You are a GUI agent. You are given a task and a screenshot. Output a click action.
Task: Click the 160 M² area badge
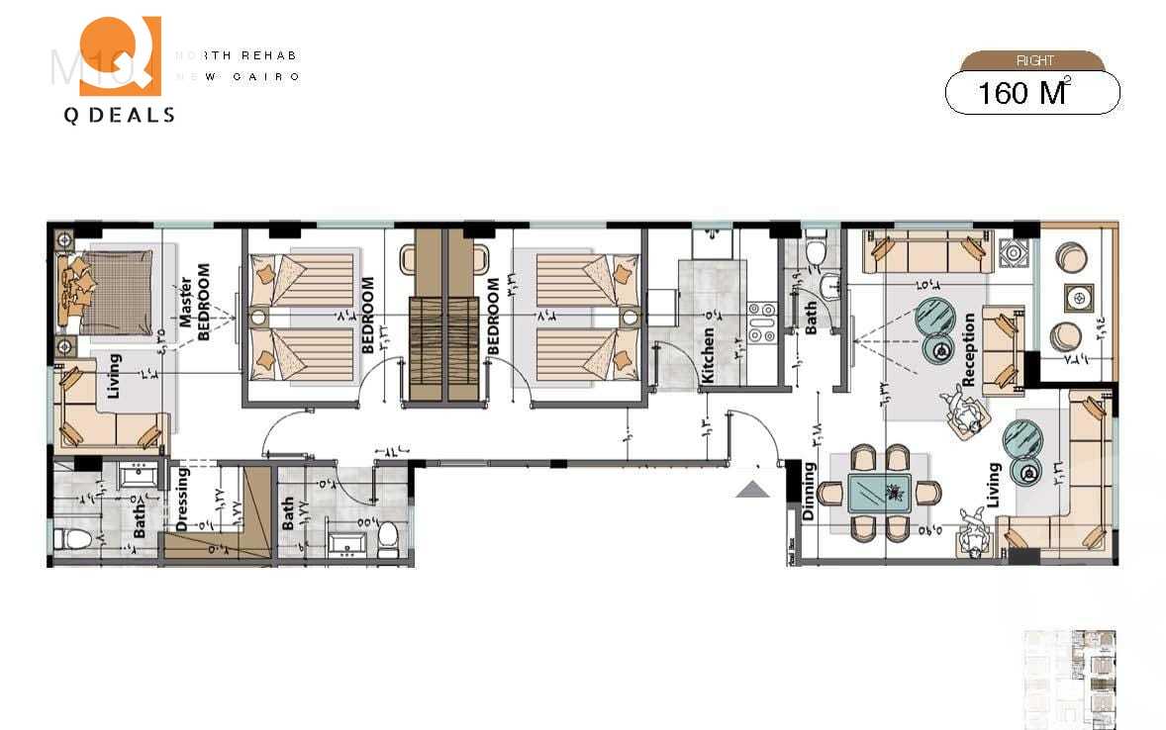click(1032, 93)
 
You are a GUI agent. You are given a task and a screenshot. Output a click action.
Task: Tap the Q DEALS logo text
click(119, 116)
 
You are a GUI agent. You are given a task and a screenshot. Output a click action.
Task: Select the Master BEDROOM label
click(195, 302)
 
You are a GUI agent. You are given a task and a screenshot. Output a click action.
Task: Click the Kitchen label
click(708, 356)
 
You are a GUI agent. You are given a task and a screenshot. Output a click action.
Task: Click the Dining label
click(809, 492)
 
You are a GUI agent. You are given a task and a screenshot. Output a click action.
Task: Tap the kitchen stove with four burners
click(761, 322)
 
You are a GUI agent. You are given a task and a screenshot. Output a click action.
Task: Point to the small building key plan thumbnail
click(1068, 679)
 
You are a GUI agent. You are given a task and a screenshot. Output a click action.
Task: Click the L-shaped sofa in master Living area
click(109, 411)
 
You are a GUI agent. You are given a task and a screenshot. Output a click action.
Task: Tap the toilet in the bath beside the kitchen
click(817, 253)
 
